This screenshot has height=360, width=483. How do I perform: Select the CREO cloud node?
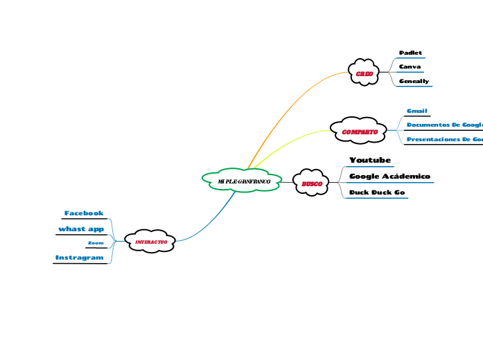[x=365, y=73]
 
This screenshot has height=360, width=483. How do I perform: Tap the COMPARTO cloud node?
[x=360, y=131]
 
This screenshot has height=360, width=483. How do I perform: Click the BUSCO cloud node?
[x=312, y=183]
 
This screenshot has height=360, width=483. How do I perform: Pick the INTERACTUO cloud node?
[x=150, y=241]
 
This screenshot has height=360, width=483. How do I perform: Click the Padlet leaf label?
[x=411, y=53]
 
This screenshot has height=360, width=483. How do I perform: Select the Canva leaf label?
[x=410, y=67]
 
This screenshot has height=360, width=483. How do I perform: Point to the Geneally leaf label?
[x=414, y=81]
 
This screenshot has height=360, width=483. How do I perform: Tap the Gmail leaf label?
[x=417, y=111]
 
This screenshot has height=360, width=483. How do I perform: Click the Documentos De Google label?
[x=444, y=125]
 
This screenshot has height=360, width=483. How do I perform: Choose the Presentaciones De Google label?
[x=444, y=140]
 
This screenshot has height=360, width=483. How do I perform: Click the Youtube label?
[x=370, y=161]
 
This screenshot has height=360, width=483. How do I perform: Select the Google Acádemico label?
[x=389, y=177]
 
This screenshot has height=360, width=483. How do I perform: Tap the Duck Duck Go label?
[x=377, y=192]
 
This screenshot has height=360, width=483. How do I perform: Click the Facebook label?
[x=84, y=213]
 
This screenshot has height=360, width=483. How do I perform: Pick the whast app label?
[x=81, y=228]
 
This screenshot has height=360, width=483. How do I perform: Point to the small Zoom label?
[x=96, y=244]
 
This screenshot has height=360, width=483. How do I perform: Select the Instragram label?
[x=80, y=258]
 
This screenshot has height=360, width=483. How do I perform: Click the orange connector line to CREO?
[x=291, y=104]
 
